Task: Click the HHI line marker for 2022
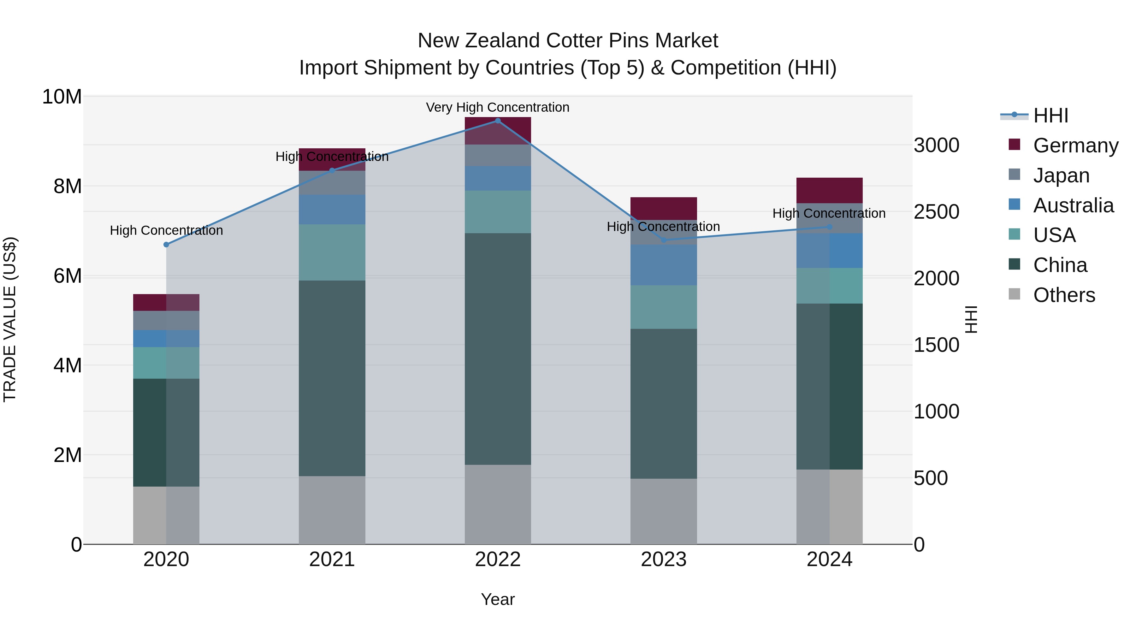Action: pyautogui.click(x=498, y=121)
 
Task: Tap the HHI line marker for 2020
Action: pyautogui.click(x=166, y=245)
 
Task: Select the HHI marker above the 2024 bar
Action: pyautogui.click(x=829, y=227)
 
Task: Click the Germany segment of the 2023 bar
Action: pyautogui.click(x=664, y=208)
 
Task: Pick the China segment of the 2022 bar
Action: pyautogui.click(x=498, y=348)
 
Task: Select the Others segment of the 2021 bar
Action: pyautogui.click(x=332, y=510)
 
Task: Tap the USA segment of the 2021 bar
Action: pyautogui.click(x=332, y=252)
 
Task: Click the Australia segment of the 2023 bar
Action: pyautogui.click(x=664, y=265)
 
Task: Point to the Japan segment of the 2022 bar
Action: pyautogui.click(x=498, y=155)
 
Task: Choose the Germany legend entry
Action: pyautogui.click(x=1075, y=145)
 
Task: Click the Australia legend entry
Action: pyautogui.click(x=1073, y=205)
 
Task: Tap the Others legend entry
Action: pyautogui.click(x=1064, y=295)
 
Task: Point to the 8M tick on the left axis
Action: pyautogui.click(x=68, y=186)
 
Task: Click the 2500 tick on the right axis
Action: pyautogui.click(x=936, y=212)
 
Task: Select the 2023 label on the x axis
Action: pyautogui.click(x=664, y=559)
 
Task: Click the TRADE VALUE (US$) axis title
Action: pyautogui.click(x=10, y=319)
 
